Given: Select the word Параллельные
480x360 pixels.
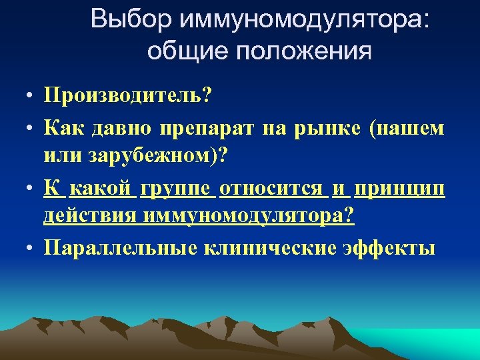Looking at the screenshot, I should [x=121, y=247].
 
